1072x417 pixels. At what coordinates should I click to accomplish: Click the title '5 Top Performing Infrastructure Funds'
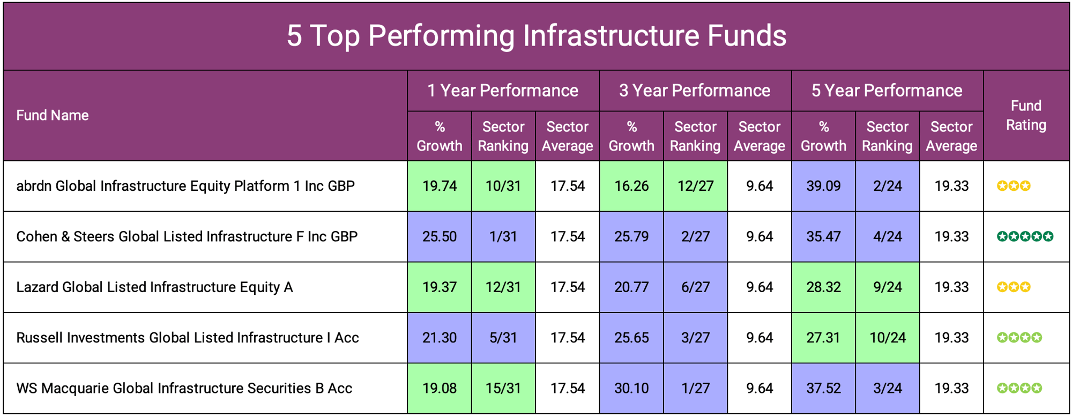(536, 36)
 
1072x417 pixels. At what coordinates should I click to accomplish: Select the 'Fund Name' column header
(53, 115)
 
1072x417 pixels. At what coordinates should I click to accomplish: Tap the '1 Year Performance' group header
(503, 91)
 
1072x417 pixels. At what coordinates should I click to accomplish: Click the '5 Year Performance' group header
(887, 91)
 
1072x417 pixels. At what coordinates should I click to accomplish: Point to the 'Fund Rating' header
(1026, 115)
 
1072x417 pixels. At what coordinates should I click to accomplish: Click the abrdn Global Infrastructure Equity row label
(185, 186)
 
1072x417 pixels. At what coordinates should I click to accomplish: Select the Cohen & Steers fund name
(187, 236)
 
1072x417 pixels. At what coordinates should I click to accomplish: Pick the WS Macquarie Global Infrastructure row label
(184, 388)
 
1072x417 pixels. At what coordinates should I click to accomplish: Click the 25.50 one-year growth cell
(440, 236)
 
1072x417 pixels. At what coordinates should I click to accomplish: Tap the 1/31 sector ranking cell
(503, 236)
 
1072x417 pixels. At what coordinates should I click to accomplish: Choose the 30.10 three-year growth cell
(631, 388)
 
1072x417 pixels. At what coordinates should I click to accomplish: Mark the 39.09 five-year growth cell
(823, 186)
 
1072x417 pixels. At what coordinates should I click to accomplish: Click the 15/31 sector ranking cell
(503, 388)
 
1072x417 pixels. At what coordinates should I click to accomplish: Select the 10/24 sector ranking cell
(887, 338)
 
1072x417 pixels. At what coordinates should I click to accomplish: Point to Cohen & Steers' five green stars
(1025, 236)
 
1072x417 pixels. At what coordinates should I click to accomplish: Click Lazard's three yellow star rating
(1014, 287)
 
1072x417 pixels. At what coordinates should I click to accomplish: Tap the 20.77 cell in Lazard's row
(631, 287)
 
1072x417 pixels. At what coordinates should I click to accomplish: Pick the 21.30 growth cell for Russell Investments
(440, 338)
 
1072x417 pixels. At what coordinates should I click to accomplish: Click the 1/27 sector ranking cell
(695, 388)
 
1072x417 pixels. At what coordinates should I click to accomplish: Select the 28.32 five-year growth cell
(823, 287)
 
